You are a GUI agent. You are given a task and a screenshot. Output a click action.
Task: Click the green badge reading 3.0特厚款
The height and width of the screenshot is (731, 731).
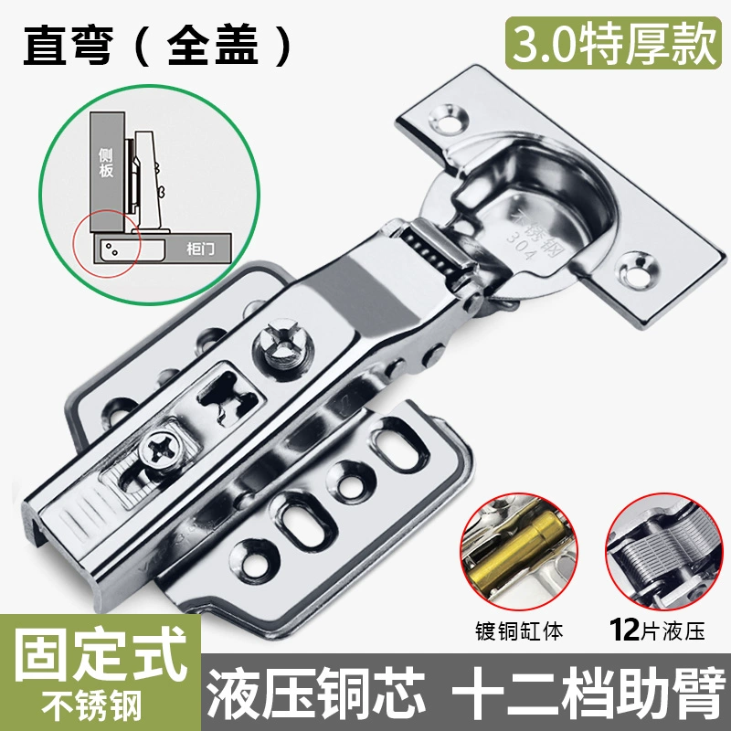pos(613,43)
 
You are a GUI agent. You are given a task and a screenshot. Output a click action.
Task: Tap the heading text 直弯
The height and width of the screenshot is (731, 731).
pos(68,45)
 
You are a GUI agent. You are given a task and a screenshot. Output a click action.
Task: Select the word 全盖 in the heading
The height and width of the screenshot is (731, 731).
pos(213,45)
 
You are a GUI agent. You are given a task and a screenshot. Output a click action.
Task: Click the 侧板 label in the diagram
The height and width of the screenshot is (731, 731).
pos(106,163)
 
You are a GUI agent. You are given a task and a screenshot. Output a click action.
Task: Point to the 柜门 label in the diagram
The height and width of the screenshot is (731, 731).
pos(201,249)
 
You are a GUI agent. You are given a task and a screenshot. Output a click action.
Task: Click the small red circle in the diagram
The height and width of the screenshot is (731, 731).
pos(107,243)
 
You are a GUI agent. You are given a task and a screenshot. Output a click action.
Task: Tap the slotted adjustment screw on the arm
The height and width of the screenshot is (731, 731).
pos(283,347)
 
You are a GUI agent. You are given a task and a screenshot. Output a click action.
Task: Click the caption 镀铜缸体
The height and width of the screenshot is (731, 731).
pos(519,631)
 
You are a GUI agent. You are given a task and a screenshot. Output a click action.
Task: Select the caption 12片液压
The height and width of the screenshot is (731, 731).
pos(657,630)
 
